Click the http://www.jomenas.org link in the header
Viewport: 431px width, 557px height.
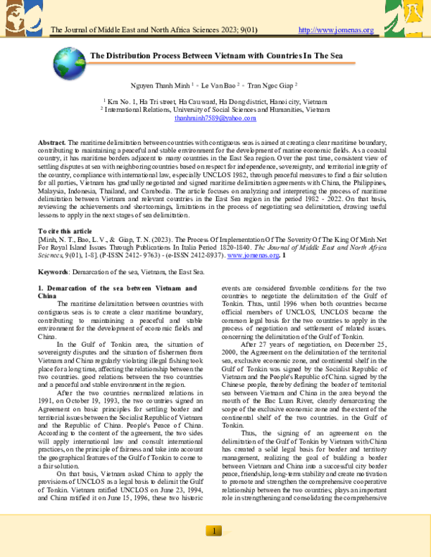click(335, 30)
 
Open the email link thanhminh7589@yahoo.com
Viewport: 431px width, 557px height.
click(215, 118)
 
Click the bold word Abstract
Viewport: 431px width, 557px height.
click(51, 144)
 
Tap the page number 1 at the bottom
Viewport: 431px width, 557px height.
click(215, 530)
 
